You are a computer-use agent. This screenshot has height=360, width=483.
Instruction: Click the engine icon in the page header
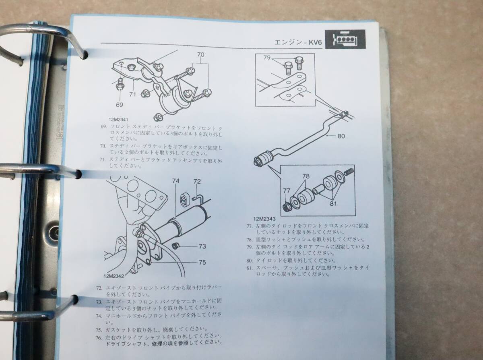pos(345,39)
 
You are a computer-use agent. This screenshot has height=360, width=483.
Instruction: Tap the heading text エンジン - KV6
pos(298,42)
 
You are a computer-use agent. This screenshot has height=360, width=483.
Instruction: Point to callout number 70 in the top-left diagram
pos(200,55)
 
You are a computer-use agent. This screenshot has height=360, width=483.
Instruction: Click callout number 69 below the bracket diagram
pos(119,105)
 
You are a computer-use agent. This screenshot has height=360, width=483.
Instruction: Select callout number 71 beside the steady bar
pos(132,94)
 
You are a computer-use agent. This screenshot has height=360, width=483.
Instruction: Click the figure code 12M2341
pos(118,120)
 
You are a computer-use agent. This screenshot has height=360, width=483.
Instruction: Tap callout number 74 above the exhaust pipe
pos(175,181)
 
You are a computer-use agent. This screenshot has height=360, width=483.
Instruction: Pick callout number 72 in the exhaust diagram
pos(197,181)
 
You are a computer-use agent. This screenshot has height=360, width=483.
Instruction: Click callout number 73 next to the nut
pos(202,246)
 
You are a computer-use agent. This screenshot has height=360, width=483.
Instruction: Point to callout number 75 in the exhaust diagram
pos(202,263)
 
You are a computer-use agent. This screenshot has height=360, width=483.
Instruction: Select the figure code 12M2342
pos(114,277)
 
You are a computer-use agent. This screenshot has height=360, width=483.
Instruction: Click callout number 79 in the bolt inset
pos(267,58)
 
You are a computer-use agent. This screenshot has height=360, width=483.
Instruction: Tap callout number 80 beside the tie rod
pos(341,136)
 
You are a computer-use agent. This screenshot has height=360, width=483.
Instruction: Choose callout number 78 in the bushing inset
pos(306,176)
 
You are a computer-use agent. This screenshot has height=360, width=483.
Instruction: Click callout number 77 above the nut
pos(287,191)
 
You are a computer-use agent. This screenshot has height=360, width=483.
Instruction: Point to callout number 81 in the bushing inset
pos(333,204)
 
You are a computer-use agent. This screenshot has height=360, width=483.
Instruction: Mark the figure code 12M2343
pos(264,219)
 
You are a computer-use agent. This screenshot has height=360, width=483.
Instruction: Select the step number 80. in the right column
pos(250,261)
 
